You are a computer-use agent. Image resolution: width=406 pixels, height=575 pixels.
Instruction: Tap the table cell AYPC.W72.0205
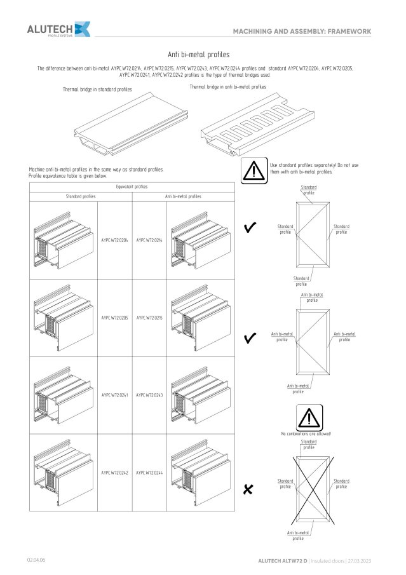[114, 317]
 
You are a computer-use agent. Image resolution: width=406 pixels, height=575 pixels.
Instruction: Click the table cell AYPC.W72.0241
[114, 395]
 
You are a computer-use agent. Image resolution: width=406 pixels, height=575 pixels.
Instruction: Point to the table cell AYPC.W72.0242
[114, 473]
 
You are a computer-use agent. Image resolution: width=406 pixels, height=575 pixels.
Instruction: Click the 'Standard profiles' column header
[81, 196]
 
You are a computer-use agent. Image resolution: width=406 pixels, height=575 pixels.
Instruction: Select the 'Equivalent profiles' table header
[132, 187]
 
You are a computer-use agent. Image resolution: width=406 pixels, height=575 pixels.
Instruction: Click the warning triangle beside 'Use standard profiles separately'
[254, 170]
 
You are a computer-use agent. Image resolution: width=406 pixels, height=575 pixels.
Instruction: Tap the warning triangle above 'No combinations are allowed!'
[307, 417]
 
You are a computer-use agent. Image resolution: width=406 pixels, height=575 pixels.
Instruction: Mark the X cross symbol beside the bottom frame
[248, 489]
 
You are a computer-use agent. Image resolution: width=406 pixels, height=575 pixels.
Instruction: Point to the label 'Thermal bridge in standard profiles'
[97, 90]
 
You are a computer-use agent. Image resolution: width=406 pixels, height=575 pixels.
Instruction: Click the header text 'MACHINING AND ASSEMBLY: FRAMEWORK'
[302, 30]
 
